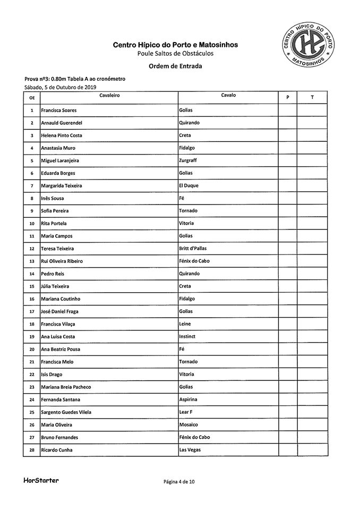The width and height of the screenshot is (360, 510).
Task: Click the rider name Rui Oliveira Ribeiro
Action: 62,261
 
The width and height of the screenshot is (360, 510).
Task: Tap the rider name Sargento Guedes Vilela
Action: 67,412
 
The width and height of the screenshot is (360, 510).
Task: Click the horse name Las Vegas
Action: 190,450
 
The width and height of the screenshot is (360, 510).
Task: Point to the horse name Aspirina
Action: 190,399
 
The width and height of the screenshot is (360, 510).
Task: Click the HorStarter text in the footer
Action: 41,481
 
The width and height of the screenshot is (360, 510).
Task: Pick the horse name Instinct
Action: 188,337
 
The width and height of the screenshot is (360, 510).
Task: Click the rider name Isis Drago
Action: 53,375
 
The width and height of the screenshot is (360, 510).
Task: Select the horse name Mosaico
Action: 189,425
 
